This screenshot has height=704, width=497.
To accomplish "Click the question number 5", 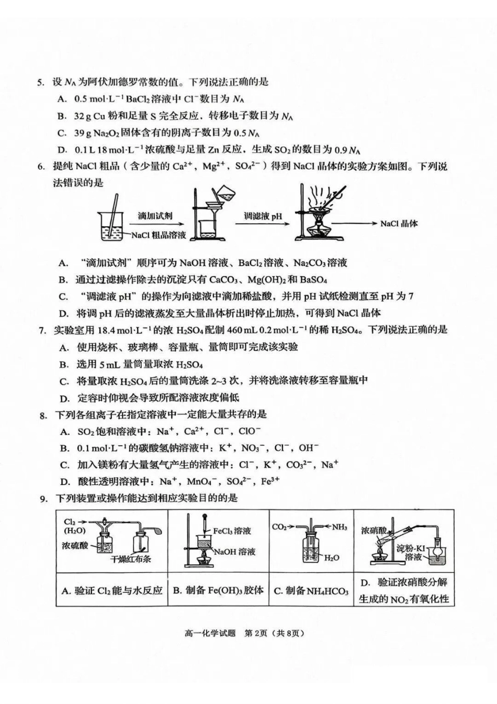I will (x=40, y=82).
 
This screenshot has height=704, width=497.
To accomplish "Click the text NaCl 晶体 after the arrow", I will (x=399, y=224).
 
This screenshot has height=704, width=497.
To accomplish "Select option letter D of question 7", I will (x=64, y=398).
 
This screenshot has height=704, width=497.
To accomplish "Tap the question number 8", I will (x=43, y=415).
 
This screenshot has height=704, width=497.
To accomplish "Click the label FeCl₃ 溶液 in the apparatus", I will (x=232, y=531).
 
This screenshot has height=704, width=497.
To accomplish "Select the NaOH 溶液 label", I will (x=234, y=552).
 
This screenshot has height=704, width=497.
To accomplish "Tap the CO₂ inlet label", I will (x=279, y=527).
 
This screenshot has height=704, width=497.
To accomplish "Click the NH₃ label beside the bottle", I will (x=339, y=527).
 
